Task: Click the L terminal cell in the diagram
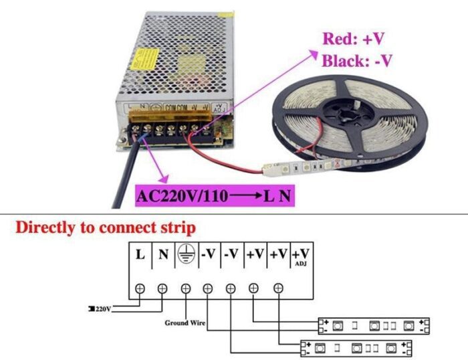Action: pyautogui.click(x=140, y=254)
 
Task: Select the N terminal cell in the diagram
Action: pyautogui.click(x=162, y=254)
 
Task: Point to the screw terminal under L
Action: pyautogui.click(x=140, y=288)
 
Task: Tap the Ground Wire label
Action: pyautogui.click(x=185, y=323)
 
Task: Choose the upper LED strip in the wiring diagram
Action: pyautogui.click(x=374, y=326)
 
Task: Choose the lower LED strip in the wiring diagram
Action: pyautogui.click(x=355, y=348)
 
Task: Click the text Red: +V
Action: pyautogui.click(x=354, y=38)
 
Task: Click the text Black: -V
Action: pyautogui.click(x=357, y=61)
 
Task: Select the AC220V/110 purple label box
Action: pyautogui.click(x=213, y=197)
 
